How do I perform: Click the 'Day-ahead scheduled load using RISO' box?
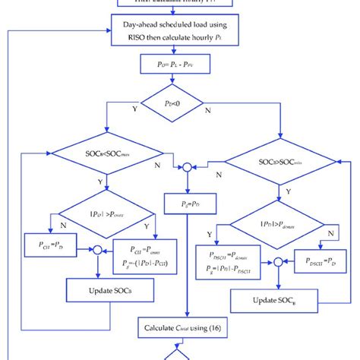pos(179,30)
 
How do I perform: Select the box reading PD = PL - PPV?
pos(179,65)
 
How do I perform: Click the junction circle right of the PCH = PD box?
pos(96,247)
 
